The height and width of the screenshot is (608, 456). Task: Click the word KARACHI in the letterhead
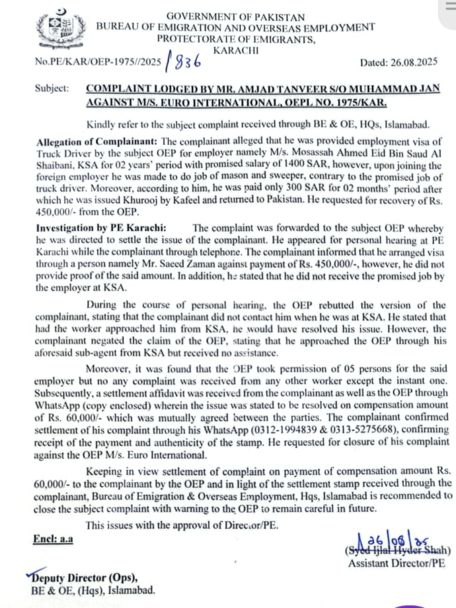click(236, 50)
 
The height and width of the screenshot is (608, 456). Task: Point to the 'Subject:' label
click(52, 88)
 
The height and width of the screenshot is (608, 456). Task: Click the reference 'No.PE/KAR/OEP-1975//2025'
click(98, 63)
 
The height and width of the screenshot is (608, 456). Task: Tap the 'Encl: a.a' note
click(53, 539)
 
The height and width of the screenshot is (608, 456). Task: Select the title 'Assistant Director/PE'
click(397, 563)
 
